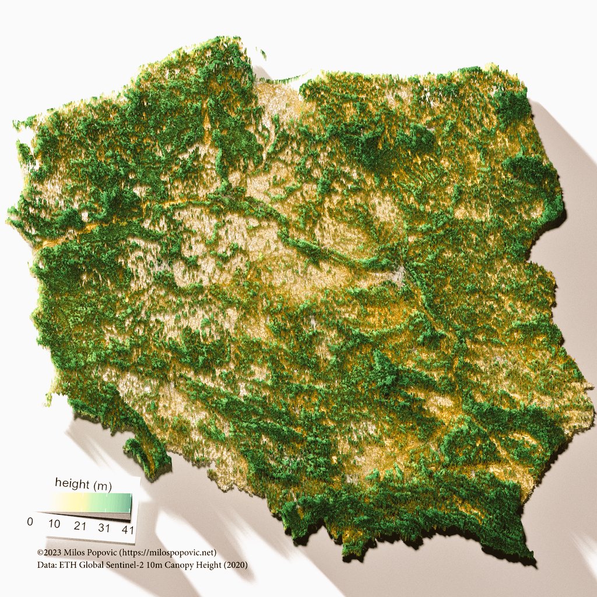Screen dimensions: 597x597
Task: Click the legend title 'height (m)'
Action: (x=83, y=483)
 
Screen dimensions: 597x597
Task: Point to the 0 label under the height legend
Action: (x=30, y=521)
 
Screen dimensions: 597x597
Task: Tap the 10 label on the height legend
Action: (x=54, y=524)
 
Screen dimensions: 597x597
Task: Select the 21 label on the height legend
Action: (x=80, y=526)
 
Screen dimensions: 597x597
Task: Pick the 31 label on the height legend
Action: (x=104, y=528)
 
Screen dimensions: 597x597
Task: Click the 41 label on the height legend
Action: (x=128, y=531)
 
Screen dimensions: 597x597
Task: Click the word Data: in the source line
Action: (x=47, y=565)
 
